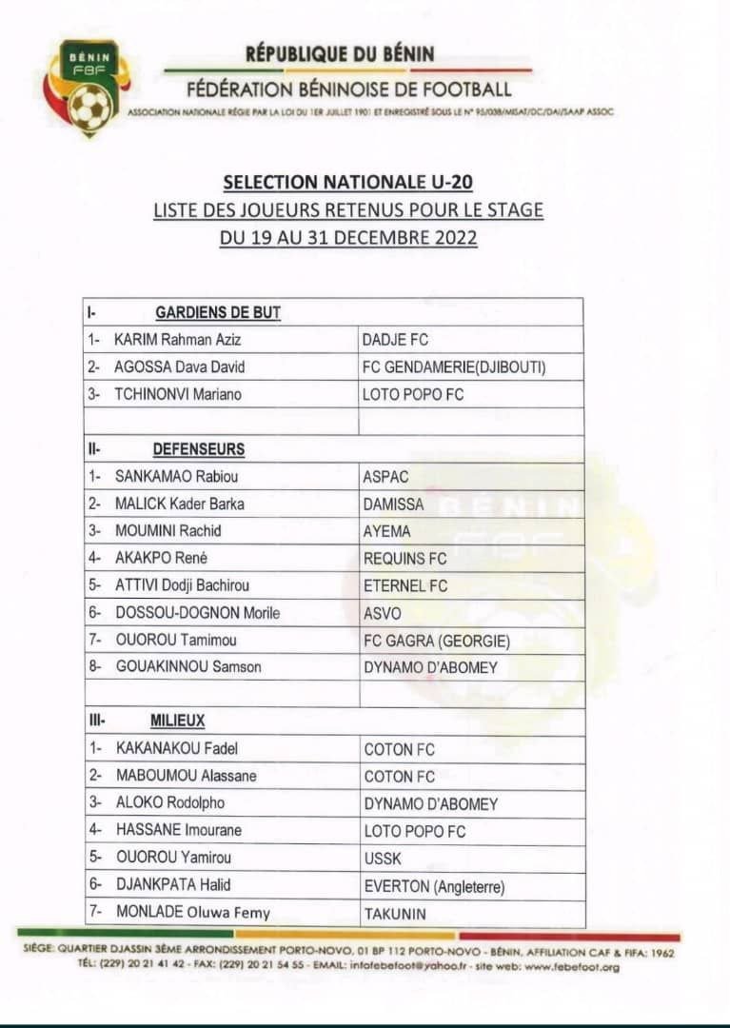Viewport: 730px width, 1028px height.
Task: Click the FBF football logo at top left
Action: coord(87,88)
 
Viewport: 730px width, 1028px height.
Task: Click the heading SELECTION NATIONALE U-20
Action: coord(348,181)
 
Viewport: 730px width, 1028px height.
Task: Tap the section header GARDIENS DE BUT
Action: coord(218,312)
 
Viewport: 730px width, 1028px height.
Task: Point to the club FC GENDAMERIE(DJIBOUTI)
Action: coord(455,367)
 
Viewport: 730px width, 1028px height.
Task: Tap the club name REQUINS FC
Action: coord(404,558)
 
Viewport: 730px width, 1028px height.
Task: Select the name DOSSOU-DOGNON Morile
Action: coord(198,613)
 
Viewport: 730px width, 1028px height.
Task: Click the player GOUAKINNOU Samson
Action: coord(188,667)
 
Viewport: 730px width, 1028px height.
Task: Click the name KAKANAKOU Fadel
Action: coord(177,749)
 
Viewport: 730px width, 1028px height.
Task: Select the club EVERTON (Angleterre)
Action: coord(434,886)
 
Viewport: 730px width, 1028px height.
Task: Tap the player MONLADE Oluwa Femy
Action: coord(193,913)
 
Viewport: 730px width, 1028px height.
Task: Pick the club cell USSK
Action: coord(383,859)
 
